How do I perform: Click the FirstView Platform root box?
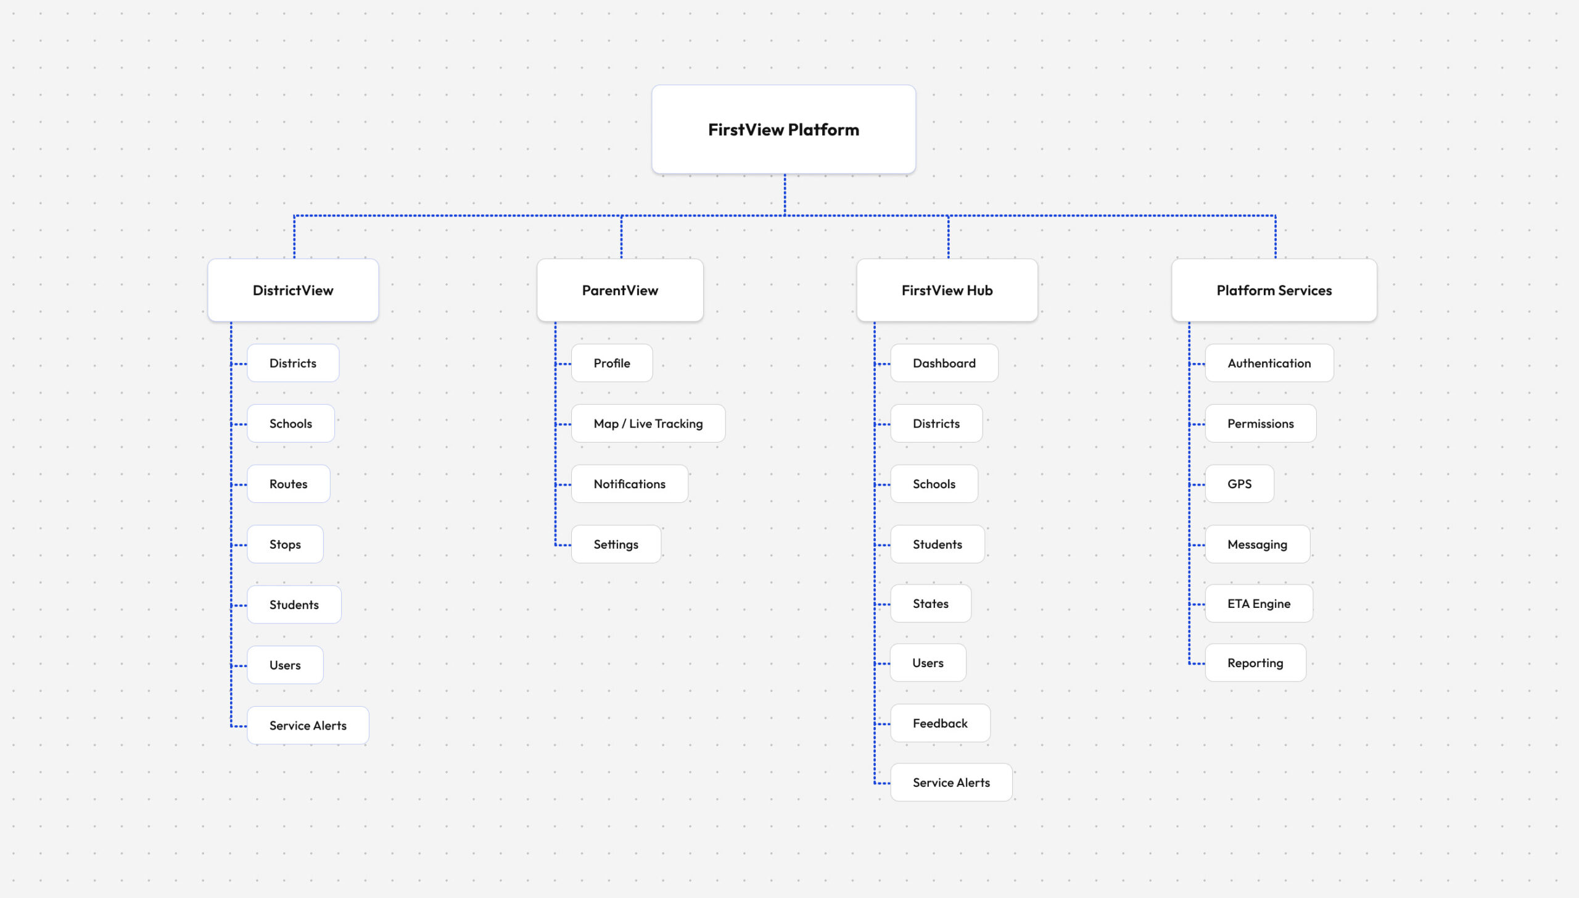[783, 130]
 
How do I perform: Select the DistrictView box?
[293, 290]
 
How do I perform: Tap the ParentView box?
[620, 290]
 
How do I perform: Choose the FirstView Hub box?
[947, 290]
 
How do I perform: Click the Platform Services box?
[1274, 290]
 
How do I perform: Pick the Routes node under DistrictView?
[289, 484]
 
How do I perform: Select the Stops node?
[285, 544]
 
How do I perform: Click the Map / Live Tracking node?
[648, 423]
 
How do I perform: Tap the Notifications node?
[630, 484]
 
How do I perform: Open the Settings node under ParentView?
[616, 544]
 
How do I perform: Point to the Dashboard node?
[944, 363]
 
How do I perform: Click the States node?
[931, 604]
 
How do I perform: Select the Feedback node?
[941, 723]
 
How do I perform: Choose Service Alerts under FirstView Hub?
[952, 783]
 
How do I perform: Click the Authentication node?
[1269, 363]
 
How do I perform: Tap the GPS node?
[1240, 484]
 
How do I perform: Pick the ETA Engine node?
[1259, 604]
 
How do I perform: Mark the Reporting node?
[1255, 663]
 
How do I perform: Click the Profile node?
[612, 363]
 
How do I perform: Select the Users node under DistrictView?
[285, 665]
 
